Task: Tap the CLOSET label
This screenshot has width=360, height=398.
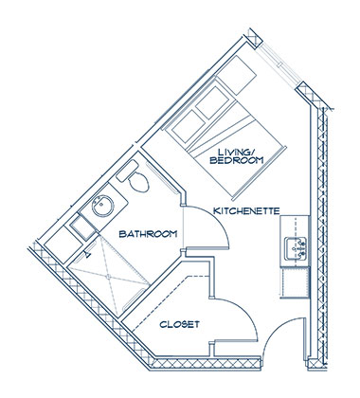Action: [x=180, y=324]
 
